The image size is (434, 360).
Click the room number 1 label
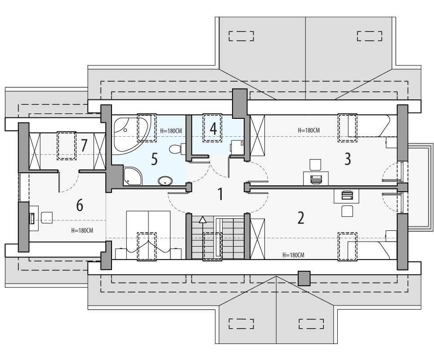(220, 194)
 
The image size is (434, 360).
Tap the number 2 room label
(301, 218)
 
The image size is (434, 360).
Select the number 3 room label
(347, 158)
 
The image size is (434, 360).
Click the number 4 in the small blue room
(213, 129)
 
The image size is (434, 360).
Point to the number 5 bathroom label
(154, 159)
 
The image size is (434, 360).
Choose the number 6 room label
(80, 206)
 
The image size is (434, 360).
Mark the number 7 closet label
(84, 145)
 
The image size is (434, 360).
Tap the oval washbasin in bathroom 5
(165, 181)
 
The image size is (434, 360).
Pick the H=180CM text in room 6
(82, 230)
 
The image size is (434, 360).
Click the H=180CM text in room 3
(309, 130)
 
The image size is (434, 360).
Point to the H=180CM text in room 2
(293, 255)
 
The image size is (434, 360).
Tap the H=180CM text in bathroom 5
(171, 131)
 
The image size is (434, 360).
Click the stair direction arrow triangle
(203, 220)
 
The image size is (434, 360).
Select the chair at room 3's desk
(316, 164)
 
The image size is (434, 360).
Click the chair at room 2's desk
(347, 210)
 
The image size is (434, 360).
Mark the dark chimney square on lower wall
(304, 278)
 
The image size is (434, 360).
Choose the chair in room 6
(47, 218)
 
